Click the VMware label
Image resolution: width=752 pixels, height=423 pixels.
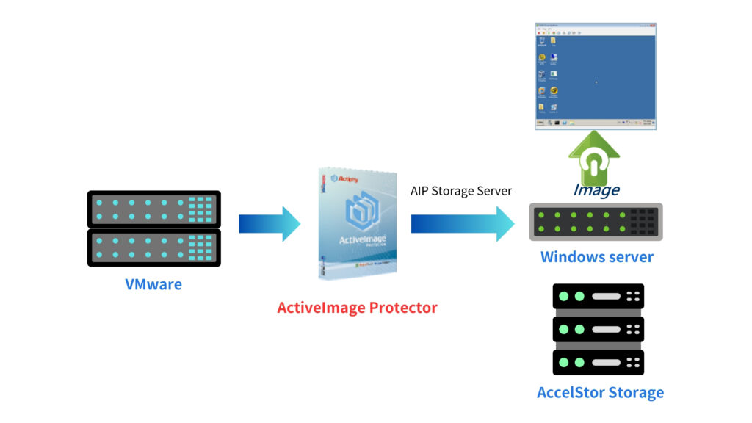(x=153, y=284)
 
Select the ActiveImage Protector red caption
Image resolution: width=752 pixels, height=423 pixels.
(x=357, y=308)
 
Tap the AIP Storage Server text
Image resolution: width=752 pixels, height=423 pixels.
(x=460, y=191)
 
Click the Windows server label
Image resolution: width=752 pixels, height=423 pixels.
(x=596, y=257)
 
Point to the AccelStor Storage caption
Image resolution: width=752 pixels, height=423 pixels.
(x=600, y=392)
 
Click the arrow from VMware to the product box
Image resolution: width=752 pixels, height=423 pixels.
(x=270, y=223)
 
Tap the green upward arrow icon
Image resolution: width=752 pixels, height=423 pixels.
(x=594, y=158)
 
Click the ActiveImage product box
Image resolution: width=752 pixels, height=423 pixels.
(x=358, y=223)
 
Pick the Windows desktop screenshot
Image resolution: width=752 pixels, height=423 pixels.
(x=596, y=76)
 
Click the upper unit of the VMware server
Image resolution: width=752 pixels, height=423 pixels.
(x=153, y=209)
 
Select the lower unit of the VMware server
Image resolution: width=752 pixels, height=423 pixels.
(x=153, y=247)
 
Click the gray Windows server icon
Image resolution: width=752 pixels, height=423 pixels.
(x=596, y=222)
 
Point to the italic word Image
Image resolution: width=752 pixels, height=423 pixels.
(x=596, y=190)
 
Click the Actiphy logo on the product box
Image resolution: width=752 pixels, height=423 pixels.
(x=344, y=178)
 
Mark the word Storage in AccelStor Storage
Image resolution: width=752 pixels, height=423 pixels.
(x=634, y=392)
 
